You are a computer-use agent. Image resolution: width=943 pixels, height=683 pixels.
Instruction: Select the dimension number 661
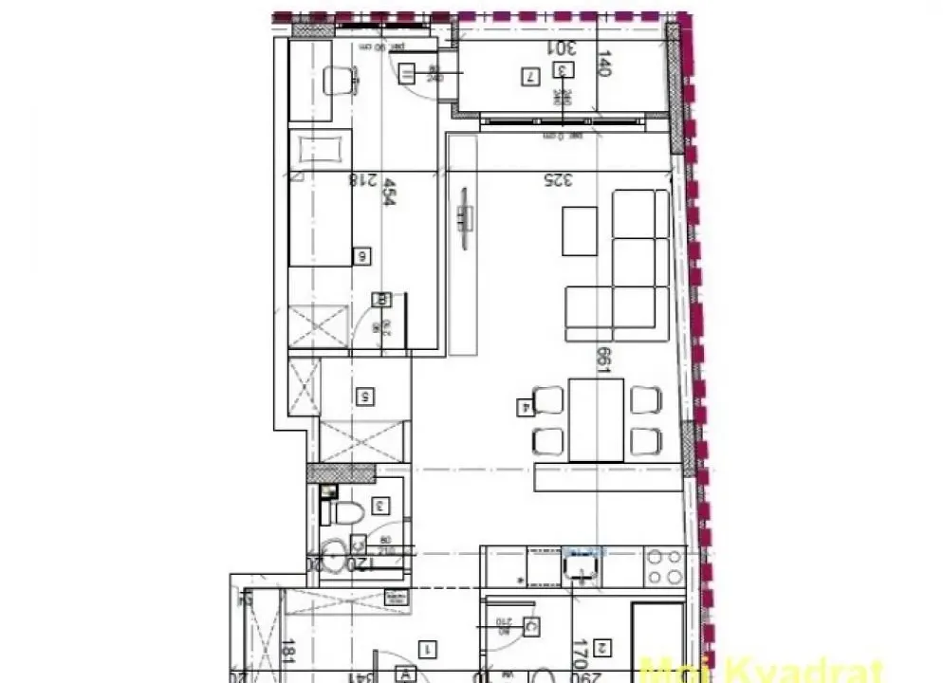[601, 359]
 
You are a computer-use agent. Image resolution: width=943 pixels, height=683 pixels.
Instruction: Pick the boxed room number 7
[530, 77]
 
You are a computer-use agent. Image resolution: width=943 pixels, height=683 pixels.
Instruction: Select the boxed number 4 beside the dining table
[523, 409]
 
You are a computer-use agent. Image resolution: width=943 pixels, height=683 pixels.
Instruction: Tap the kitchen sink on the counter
[579, 566]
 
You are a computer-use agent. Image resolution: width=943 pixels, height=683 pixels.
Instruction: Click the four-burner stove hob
[663, 566]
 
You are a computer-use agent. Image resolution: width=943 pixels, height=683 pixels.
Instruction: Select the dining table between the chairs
[596, 419]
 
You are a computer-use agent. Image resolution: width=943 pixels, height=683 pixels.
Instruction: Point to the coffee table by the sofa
[580, 231]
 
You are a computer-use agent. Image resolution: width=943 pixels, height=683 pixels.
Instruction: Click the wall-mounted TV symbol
[463, 217]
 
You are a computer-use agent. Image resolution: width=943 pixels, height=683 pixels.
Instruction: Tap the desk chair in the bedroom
[337, 81]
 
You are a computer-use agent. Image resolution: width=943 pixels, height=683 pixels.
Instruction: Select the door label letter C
[531, 628]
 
